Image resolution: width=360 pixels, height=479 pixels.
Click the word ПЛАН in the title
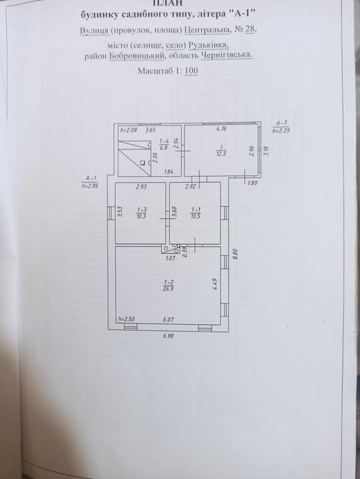[x=181, y=3]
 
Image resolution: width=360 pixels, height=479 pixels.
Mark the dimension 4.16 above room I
[x=221, y=129]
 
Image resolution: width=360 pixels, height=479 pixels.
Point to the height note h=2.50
[x=125, y=319]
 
